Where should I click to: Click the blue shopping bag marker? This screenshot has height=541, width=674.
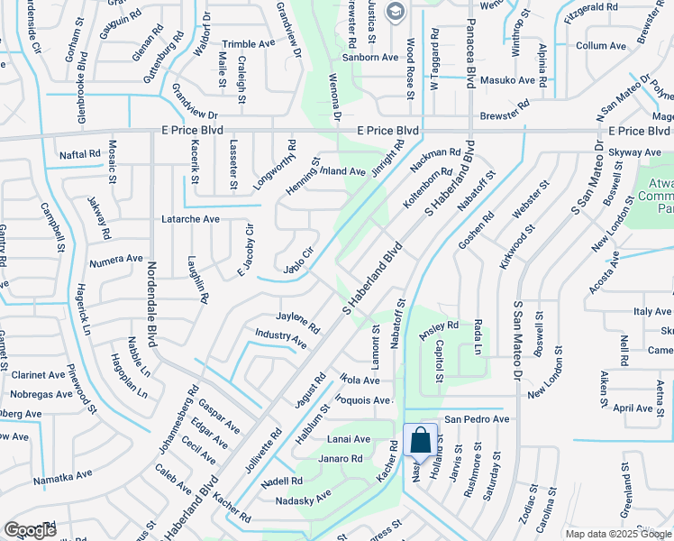pyautogui.click(x=421, y=442)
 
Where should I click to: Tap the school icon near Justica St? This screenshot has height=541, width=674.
pyautogui.click(x=394, y=12)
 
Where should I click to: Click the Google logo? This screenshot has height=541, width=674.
pyautogui.click(x=30, y=530)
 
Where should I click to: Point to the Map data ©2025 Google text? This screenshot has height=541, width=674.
pyautogui.click(x=618, y=534)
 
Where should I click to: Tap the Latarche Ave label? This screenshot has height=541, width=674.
pyautogui.click(x=190, y=219)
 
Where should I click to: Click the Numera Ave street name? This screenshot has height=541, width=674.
pyautogui.click(x=116, y=259)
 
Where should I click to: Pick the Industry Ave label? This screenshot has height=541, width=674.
pyautogui.click(x=280, y=338)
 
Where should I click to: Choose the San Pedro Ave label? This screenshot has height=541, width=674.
pyautogui.click(x=478, y=419)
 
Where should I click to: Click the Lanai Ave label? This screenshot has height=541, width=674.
pyautogui.click(x=349, y=439)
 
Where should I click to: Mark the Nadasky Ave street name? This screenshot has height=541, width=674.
pyautogui.click(x=304, y=496)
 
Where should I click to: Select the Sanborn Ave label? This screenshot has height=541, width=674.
pyautogui.click(x=376, y=57)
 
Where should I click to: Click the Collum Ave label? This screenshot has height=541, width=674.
pyautogui.click(x=600, y=45)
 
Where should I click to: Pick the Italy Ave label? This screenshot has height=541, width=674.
pyautogui.click(x=652, y=311)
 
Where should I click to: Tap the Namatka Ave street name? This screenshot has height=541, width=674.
pyautogui.click(x=63, y=475)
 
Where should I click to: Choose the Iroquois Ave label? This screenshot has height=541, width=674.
pyautogui.click(x=363, y=399)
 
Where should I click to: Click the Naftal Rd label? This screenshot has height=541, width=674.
pyautogui.click(x=80, y=154)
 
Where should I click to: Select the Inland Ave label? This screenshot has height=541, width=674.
pyautogui.click(x=343, y=171)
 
